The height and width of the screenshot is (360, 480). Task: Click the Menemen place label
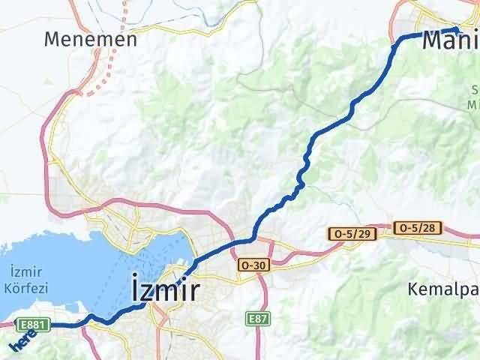[90, 39]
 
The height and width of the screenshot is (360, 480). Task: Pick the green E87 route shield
[257, 319]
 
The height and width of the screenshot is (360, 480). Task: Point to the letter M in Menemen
[52, 39]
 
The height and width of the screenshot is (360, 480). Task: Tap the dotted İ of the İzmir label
[136, 288]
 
